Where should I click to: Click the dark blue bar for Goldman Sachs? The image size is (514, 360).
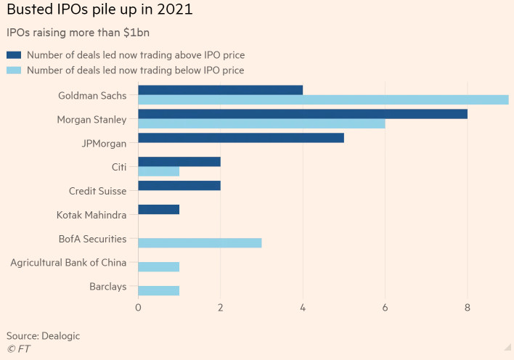click(220, 90)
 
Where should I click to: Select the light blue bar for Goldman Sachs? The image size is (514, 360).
click(323, 99)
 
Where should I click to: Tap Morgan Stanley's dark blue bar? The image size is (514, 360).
click(302, 114)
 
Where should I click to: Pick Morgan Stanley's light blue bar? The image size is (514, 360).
click(261, 123)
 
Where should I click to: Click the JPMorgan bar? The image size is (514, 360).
click(240, 138)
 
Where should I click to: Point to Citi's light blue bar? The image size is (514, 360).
click(158, 171)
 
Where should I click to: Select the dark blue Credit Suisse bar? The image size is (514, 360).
click(179, 186)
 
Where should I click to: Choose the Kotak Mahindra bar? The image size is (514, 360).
click(158, 210)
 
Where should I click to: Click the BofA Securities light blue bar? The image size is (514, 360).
click(200, 243)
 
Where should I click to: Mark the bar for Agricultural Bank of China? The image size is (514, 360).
click(158, 267)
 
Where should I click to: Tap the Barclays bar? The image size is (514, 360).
click(158, 291)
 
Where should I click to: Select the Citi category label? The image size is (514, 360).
click(119, 167)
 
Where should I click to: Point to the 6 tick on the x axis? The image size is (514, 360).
click(385, 308)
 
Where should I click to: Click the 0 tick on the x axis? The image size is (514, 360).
click(138, 308)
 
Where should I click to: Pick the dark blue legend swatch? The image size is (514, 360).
click(14, 54)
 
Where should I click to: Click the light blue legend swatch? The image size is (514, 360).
click(14, 70)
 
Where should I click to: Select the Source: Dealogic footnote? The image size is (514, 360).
click(43, 335)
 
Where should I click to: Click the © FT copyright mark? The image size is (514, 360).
click(18, 349)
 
